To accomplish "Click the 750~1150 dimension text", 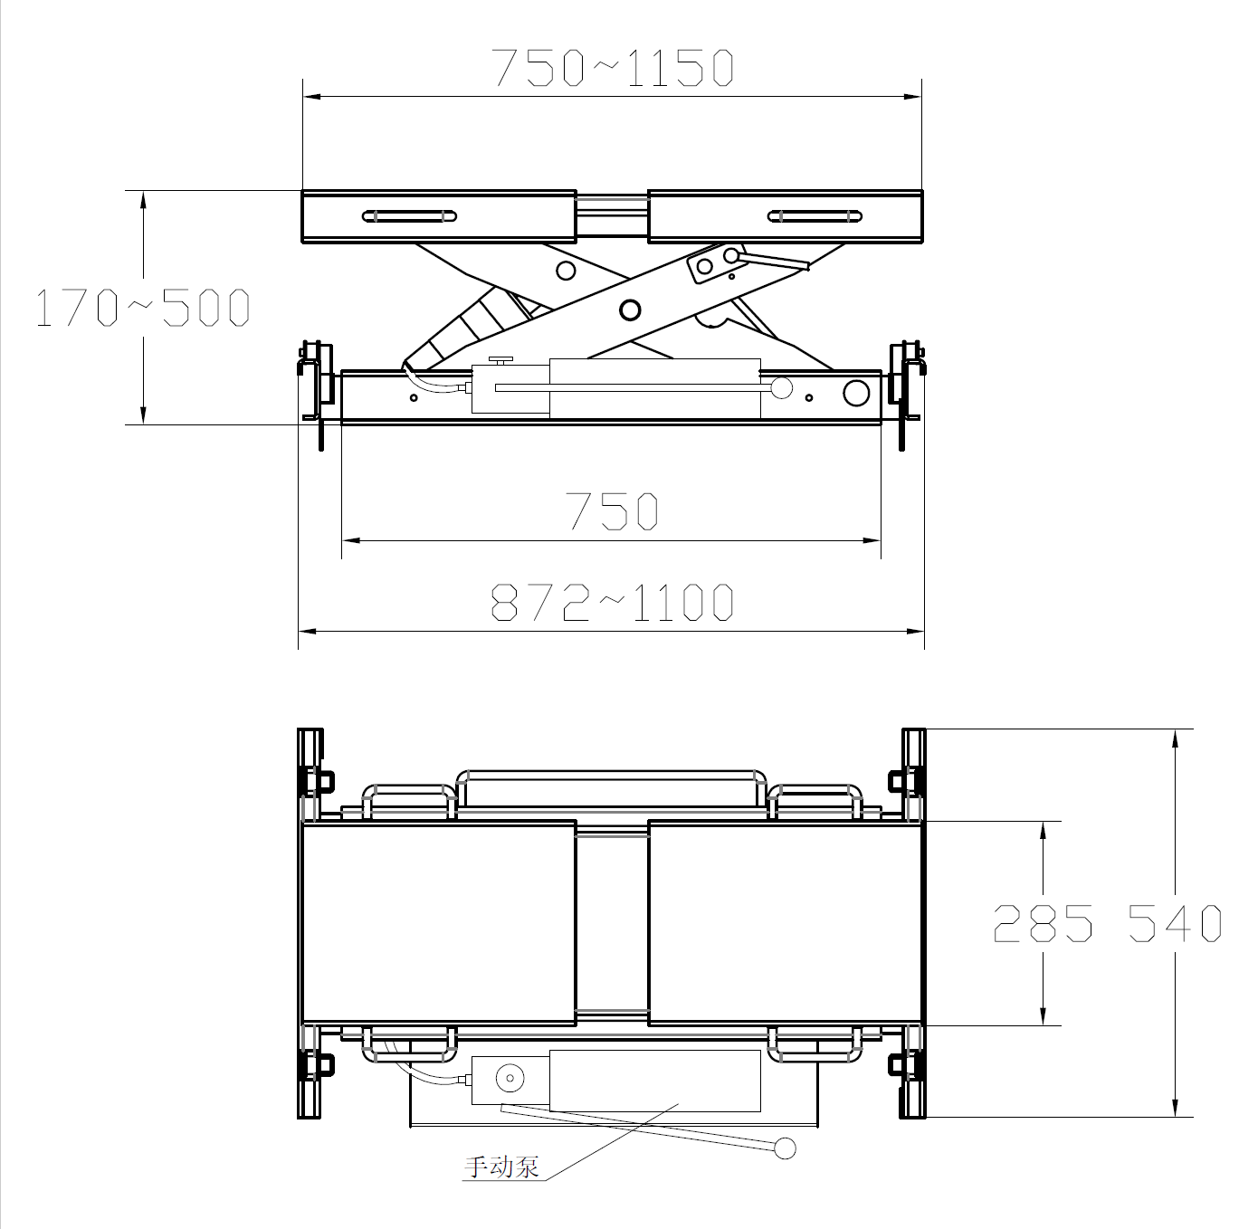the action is click(613, 67).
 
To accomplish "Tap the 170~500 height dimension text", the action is click(142, 307).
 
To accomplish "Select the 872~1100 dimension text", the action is click(612, 602).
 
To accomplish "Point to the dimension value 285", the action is click(1043, 923).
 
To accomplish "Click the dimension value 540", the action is click(1176, 923).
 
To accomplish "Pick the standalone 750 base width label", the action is click(613, 510).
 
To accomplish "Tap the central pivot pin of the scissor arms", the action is click(630, 310).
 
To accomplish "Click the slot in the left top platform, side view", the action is click(409, 216).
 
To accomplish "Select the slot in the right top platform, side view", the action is click(815, 216).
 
